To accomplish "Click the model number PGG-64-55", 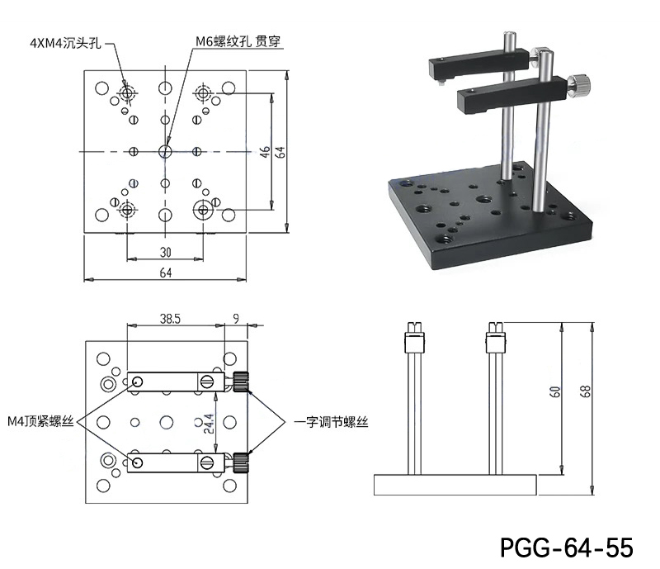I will point(566,548).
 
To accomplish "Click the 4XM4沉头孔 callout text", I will point(65,42).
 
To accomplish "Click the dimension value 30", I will point(166,252).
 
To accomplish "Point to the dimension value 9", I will point(236,316).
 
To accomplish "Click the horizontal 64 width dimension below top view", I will point(166,273).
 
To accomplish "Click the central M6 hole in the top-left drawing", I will point(165,152).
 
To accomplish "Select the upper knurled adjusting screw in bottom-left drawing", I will point(241,381).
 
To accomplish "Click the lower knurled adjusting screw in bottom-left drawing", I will point(241,460).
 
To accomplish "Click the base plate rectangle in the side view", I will point(455,484).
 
